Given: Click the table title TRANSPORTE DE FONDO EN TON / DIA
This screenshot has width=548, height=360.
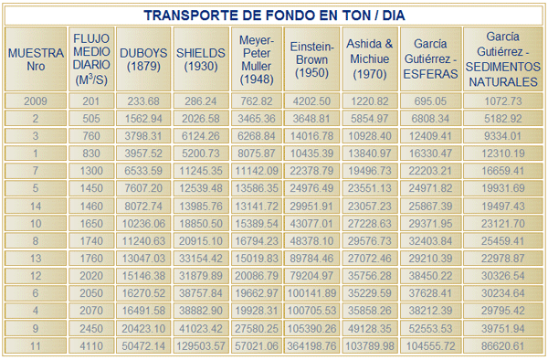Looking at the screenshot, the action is tap(274, 16).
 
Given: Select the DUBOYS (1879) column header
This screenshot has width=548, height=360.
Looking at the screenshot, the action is tap(143, 59).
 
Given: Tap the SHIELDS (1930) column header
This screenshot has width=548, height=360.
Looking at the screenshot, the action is tap(201, 59).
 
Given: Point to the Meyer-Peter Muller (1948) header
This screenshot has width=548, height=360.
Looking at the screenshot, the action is tap(257, 59).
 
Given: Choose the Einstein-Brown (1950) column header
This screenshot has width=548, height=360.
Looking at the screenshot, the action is tap(311, 59).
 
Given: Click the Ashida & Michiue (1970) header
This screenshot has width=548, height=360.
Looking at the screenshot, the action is tap(370, 58).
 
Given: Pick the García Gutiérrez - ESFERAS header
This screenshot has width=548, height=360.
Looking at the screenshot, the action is tap(430, 58).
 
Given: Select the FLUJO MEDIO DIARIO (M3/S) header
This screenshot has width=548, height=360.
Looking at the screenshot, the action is tap(91, 59).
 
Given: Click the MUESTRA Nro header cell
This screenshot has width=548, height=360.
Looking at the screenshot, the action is tap(36, 59).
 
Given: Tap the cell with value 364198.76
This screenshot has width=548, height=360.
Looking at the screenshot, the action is tap(311, 346).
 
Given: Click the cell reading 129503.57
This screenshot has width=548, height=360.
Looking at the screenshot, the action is tap(201, 346).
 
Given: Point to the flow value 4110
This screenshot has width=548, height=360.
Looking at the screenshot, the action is tap(91, 346).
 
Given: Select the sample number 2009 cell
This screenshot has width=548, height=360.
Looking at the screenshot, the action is tap(36, 101).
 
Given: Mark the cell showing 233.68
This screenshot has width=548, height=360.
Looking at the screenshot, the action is tap(143, 101).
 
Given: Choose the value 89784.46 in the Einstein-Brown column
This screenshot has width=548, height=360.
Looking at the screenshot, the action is tap(311, 259).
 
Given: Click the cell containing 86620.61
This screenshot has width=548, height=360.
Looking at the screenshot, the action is tap(503, 346).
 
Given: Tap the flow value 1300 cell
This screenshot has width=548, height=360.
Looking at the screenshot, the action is tap(91, 171).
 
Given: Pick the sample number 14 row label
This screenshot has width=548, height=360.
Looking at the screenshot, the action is tap(36, 206).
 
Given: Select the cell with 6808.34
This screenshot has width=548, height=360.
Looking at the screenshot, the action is tap(430, 119).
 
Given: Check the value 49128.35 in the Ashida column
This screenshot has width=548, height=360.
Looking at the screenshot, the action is tap(370, 329).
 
